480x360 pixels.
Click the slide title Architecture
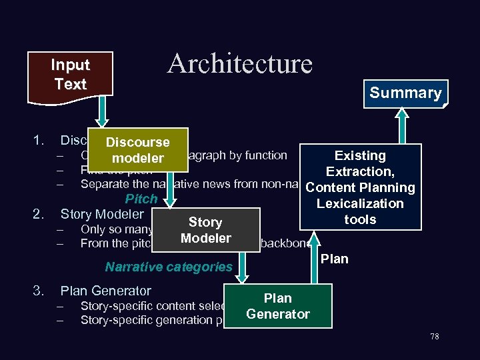coord(240,64)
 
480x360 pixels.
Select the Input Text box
coord(71,75)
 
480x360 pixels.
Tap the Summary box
coord(405,93)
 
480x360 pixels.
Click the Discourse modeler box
coord(138,150)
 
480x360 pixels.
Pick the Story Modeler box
coord(205,230)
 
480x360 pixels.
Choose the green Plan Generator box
coord(277,305)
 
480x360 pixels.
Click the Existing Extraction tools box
coord(360,187)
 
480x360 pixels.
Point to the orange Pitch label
coord(141,199)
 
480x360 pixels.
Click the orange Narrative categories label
coord(169,267)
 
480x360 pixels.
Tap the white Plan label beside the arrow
coord(334,259)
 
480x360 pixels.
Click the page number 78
coord(435,337)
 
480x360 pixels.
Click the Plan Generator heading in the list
coord(105,291)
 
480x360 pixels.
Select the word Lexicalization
coord(360,203)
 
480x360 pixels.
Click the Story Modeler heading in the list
coord(102,214)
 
